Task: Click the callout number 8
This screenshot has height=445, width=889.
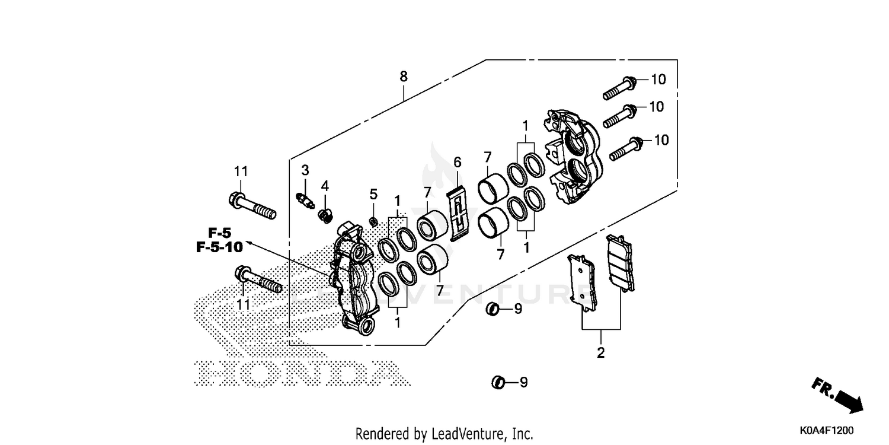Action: [404, 76]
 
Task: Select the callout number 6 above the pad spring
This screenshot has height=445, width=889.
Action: [457, 162]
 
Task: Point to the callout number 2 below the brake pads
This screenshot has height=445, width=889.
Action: [600, 353]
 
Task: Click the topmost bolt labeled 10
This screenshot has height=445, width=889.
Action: [620, 87]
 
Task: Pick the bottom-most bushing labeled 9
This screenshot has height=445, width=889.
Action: [498, 383]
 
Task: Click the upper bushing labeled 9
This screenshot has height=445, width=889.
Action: [491, 309]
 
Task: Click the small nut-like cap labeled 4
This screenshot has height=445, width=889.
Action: [324, 214]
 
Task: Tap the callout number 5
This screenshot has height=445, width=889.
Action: [373, 194]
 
